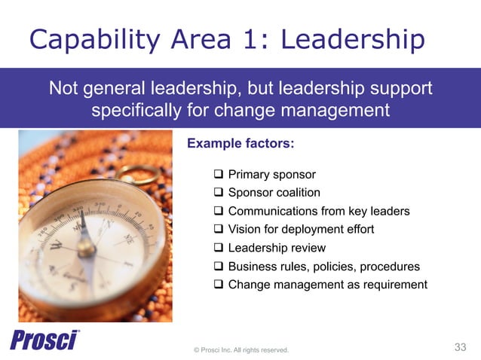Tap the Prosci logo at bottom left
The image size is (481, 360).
44,340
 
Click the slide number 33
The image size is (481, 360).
461,347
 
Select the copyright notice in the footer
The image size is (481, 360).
240,349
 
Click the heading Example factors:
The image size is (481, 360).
240,142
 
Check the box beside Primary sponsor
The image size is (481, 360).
219,175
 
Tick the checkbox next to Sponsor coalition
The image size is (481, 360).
219,193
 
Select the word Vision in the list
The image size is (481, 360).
244,230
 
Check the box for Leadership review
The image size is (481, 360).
219,248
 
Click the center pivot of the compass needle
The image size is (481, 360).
87,248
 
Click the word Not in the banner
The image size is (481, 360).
63,89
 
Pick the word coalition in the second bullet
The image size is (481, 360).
295,193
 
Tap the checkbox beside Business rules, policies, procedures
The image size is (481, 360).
219,266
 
